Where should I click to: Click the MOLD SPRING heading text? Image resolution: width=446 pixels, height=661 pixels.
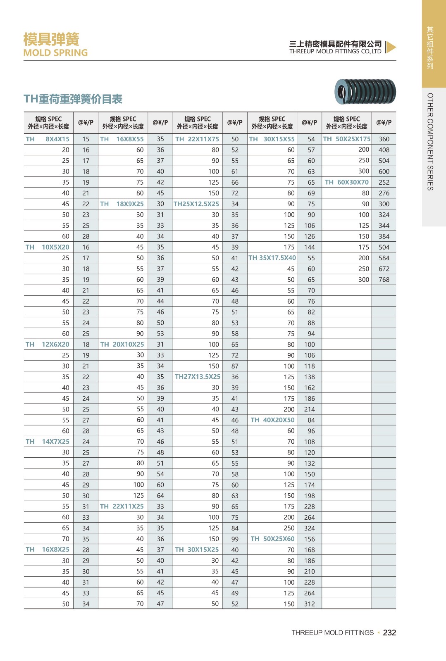55,53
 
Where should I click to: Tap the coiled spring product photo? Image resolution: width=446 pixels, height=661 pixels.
365,92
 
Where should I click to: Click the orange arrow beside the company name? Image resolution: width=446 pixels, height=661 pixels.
391,47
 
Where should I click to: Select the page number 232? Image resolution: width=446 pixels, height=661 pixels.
389,632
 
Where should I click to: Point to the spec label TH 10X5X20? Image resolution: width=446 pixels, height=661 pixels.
48,247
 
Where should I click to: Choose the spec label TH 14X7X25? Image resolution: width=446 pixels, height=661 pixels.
48,442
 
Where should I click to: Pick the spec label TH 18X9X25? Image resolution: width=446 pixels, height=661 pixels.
122,204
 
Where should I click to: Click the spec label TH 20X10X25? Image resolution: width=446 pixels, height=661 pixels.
122,345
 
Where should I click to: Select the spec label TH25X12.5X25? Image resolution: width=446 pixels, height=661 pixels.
196,204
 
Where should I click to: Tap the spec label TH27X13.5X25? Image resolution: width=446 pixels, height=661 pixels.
198,377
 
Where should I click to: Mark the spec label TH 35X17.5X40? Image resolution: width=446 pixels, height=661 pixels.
272,258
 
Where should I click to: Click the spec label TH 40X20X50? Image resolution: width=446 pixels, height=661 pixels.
273,420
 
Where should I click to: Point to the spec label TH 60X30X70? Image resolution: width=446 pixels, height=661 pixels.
347,182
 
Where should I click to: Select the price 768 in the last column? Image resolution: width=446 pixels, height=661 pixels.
384,280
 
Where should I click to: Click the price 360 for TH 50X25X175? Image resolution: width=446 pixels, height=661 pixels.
384,139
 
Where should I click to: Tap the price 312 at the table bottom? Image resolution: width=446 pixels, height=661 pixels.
310,604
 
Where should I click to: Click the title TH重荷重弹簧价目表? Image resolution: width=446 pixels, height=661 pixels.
73,99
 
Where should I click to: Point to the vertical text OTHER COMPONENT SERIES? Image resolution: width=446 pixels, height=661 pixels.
430,142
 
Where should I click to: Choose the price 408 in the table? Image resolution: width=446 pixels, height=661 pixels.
384,150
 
